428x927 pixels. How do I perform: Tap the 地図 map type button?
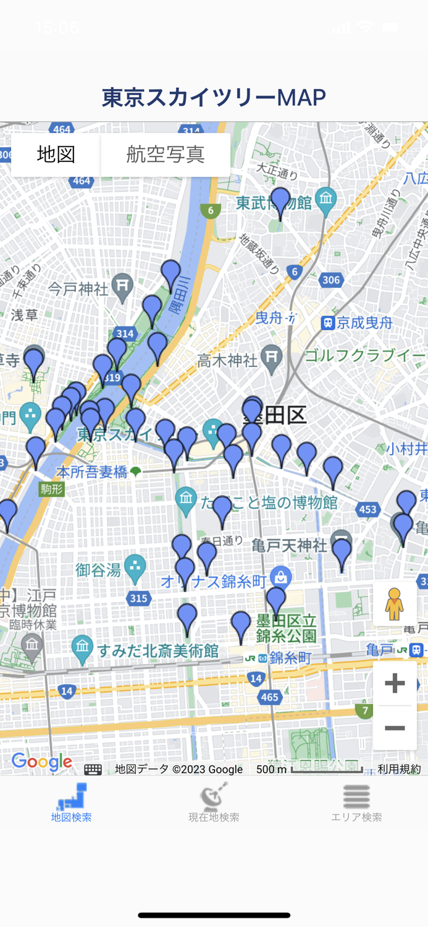click(56, 154)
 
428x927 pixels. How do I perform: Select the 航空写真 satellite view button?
click(166, 154)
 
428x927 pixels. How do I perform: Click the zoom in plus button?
click(395, 683)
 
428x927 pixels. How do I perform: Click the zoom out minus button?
click(395, 728)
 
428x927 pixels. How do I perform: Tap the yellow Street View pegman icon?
click(394, 604)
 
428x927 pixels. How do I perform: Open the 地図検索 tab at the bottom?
click(72, 803)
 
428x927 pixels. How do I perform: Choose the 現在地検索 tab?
click(214, 803)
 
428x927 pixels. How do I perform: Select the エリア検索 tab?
click(356, 803)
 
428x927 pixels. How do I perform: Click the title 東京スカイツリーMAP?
click(214, 97)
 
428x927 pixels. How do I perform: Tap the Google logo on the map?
click(42, 762)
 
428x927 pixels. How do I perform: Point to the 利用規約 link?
click(399, 769)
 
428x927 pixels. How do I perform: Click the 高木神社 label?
click(227, 359)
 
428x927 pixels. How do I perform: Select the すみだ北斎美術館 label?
click(158, 650)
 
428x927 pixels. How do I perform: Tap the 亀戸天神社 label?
click(289, 545)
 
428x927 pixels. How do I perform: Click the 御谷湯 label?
click(98, 569)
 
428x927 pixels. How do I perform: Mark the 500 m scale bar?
click(326, 769)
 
